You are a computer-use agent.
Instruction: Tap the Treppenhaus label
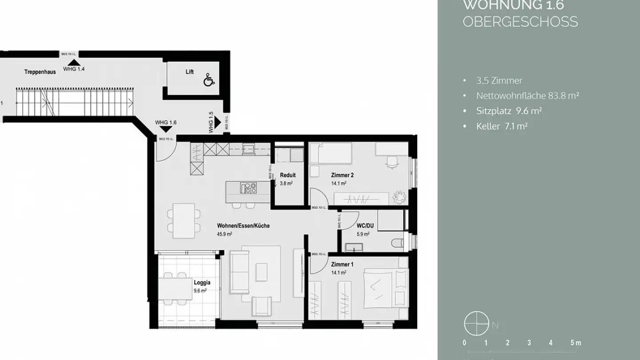coord(40,72)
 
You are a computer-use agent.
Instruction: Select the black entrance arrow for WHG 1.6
coord(165,129)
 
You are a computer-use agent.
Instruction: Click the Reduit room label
coord(288,175)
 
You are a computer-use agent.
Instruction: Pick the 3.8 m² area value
coord(286,183)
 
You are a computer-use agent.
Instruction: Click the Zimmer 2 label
coord(342,175)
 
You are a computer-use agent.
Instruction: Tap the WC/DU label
coord(365,226)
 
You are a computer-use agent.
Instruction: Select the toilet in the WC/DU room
coord(399,243)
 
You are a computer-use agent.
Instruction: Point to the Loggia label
coord(202,282)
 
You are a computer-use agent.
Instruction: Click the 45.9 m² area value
coord(224,234)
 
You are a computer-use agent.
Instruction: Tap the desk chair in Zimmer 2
coord(391,163)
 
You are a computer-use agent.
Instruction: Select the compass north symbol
coord(473,323)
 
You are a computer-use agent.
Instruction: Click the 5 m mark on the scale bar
coord(575,343)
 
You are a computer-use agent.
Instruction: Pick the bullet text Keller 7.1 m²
coord(501,126)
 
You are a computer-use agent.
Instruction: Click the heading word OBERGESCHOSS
coord(520,22)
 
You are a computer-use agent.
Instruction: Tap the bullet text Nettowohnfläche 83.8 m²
coord(527,96)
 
